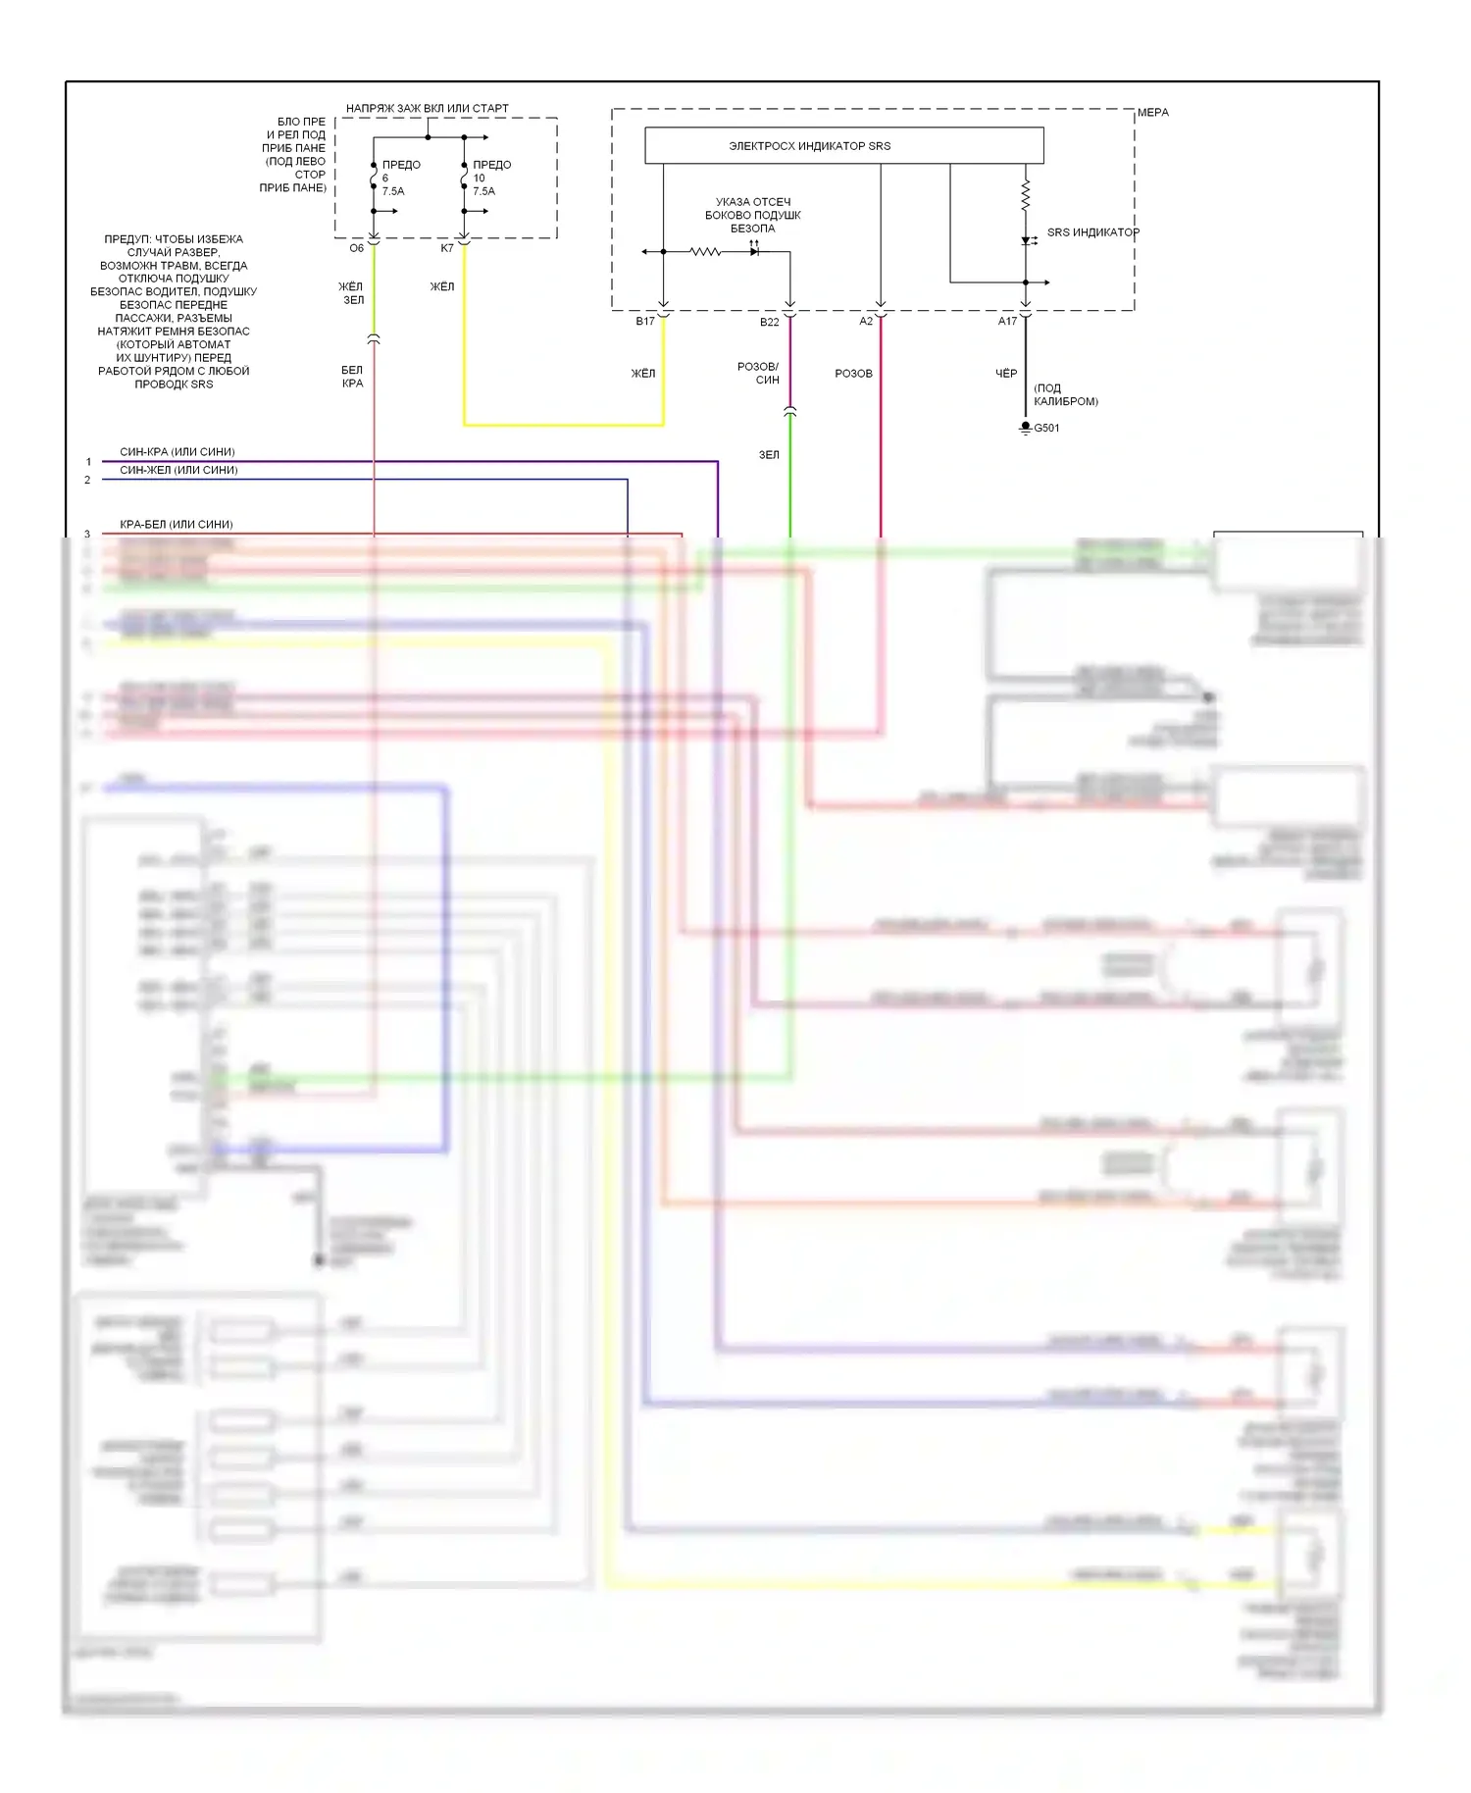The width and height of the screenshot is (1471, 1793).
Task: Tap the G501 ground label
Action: (1046, 428)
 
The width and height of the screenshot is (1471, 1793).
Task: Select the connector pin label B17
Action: (644, 322)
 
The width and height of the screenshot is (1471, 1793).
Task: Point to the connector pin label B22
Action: (769, 322)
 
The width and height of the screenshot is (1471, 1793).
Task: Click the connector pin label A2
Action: (866, 322)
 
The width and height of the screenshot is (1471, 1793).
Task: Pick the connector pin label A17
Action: (1007, 322)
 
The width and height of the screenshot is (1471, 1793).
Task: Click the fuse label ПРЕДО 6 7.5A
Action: (400, 178)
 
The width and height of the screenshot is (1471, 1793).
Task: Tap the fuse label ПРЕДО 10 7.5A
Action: (491, 178)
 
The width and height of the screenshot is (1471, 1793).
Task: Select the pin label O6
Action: (356, 248)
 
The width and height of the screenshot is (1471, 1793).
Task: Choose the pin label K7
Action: (447, 248)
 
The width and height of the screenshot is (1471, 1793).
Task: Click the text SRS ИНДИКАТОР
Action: (1092, 232)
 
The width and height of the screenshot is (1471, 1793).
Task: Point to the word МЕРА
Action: (1153, 113)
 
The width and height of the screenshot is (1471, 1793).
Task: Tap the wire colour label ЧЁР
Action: (1006, 374)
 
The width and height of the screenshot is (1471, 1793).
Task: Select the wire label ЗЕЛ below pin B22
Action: (769, 455)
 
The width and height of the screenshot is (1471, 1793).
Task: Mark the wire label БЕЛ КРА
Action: (352, 377)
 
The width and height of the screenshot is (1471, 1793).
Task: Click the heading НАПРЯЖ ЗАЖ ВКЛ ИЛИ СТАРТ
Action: (428, 109)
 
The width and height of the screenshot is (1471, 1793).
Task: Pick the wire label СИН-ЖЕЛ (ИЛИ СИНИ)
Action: (178, 470)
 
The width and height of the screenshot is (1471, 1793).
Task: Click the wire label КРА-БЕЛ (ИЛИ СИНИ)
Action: (177, 525)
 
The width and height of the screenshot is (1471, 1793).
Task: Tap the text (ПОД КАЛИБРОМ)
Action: (1065, 394)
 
